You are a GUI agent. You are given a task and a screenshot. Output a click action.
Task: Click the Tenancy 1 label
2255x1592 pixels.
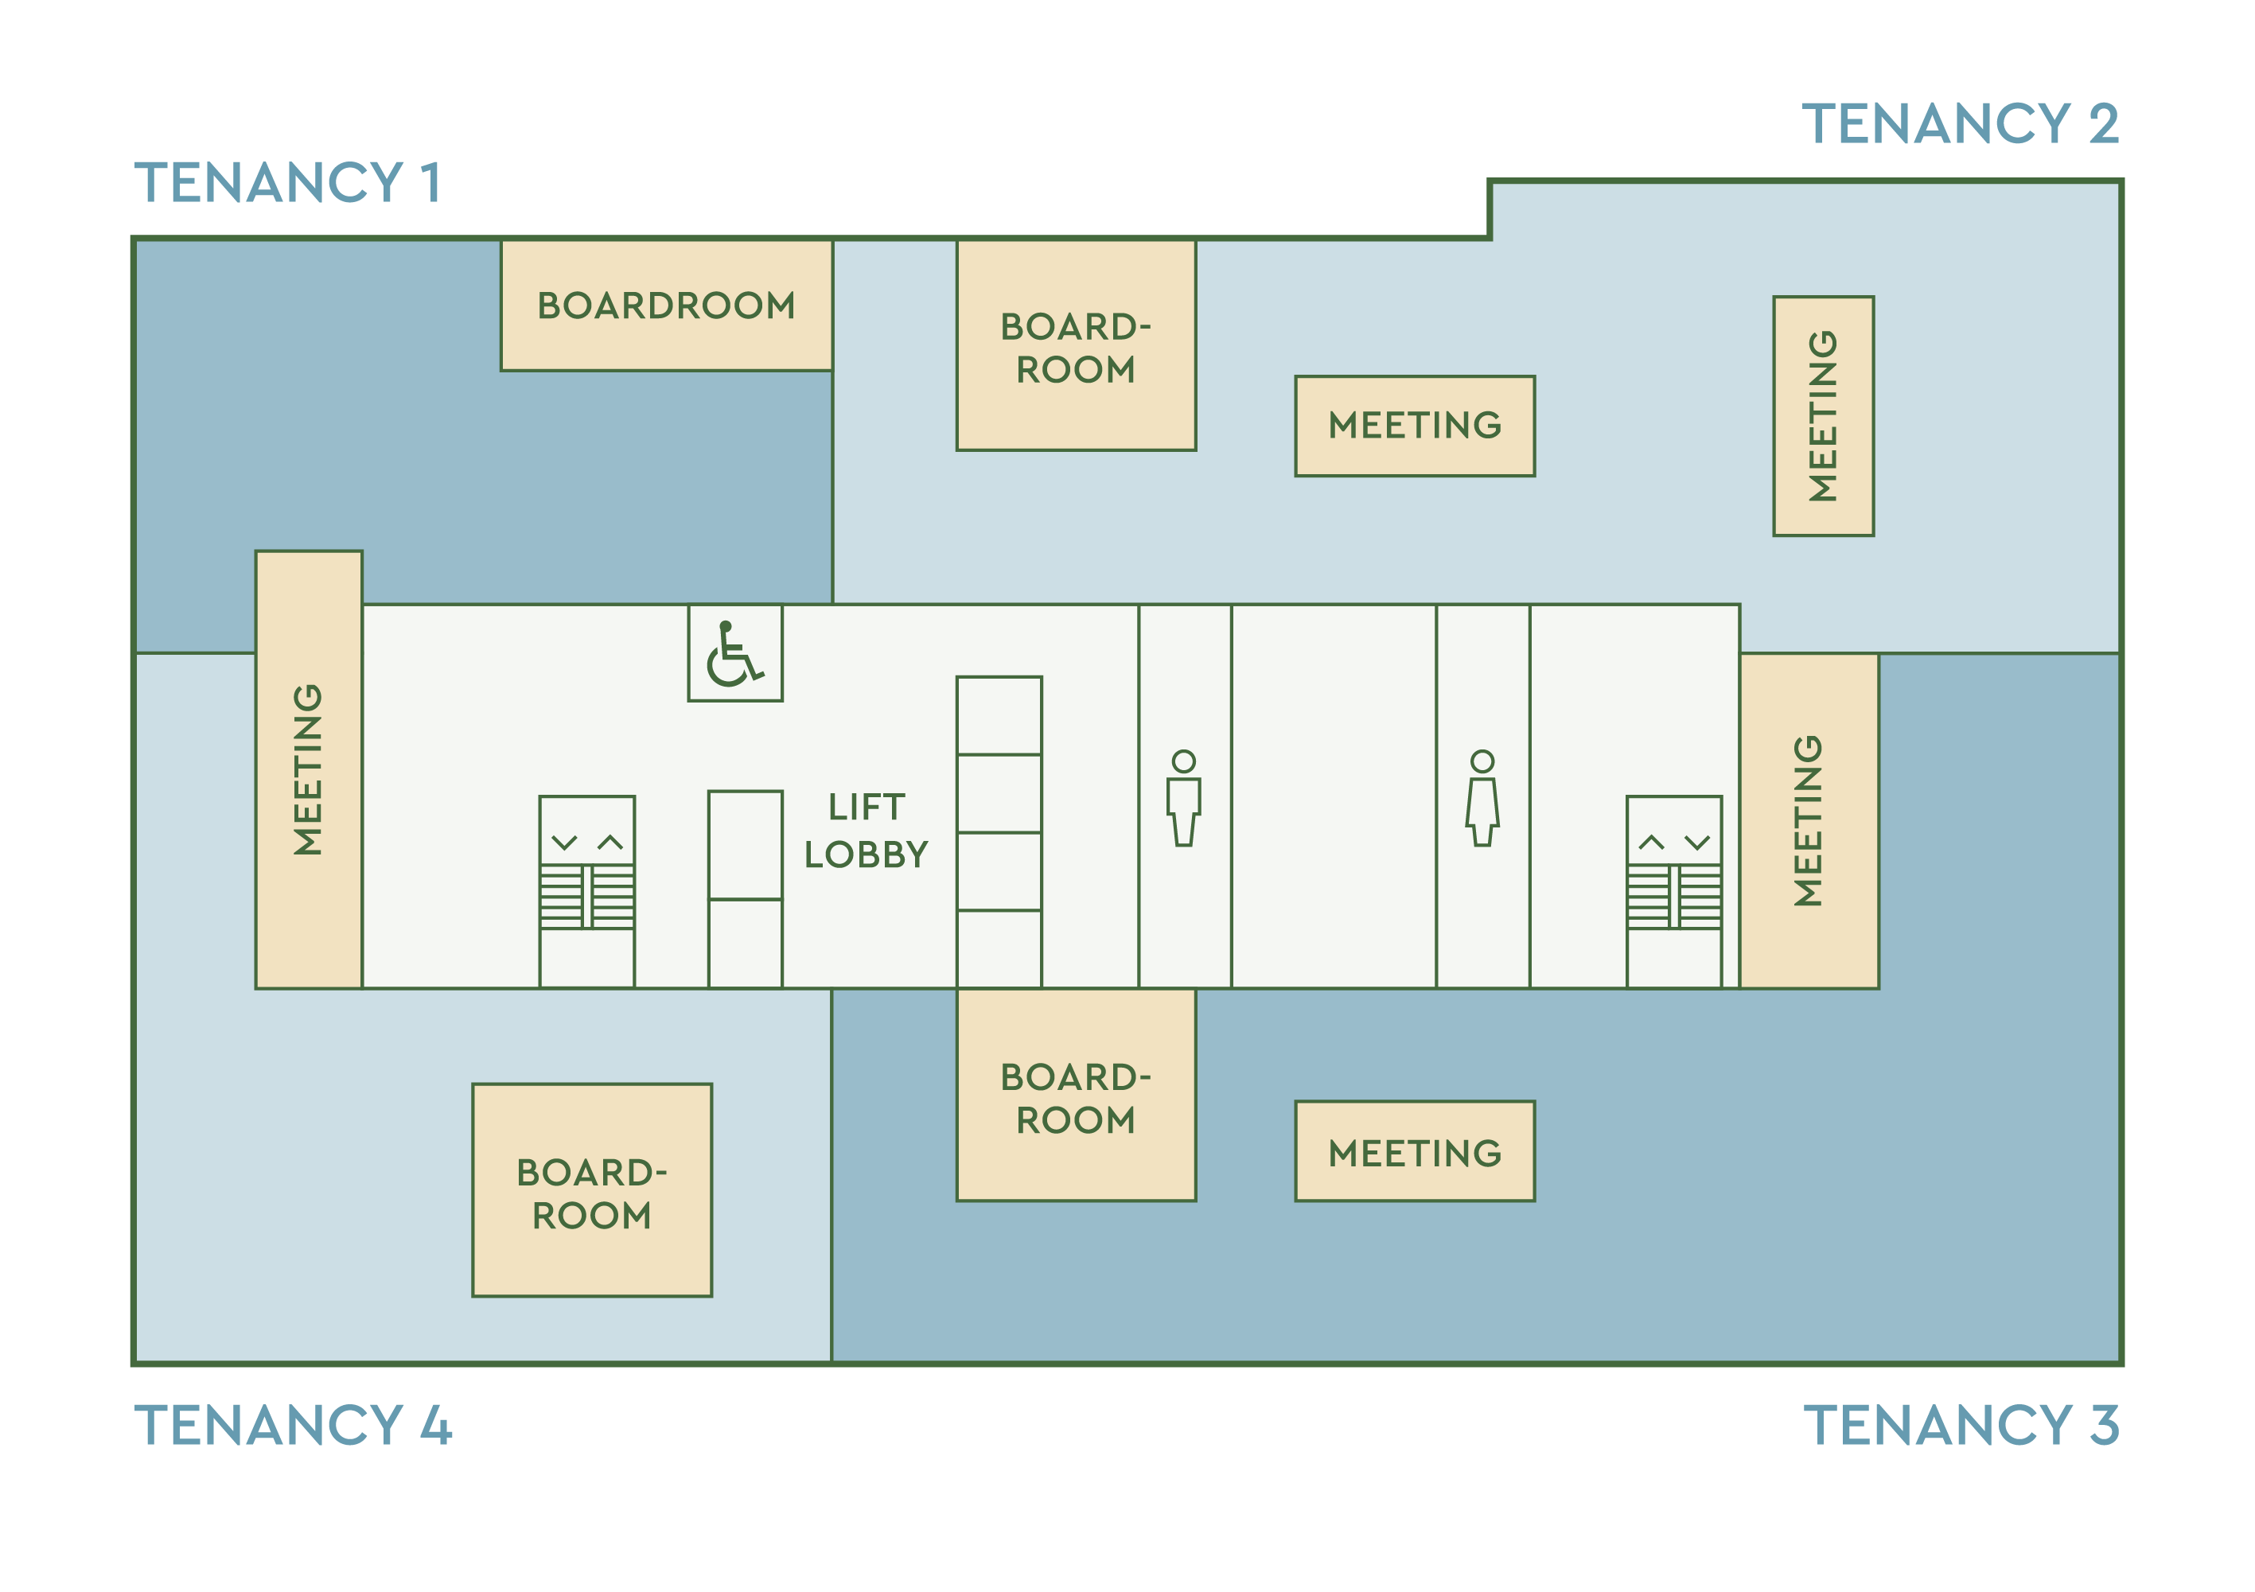coord(286,184)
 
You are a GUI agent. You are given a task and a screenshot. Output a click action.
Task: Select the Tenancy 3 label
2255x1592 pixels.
coord(1961,1425)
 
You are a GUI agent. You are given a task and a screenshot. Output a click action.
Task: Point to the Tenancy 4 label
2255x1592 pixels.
coord(293,1425)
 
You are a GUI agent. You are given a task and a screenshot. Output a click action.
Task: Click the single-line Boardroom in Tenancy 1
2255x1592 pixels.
coord(666,306)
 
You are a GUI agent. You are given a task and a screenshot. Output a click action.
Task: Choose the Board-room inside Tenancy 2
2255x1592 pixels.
coord(1076,347)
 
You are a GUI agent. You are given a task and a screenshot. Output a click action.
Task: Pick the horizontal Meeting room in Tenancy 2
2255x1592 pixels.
coord(1414,426)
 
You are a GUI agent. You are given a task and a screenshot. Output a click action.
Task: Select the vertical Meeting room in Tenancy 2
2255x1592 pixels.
coord(1823,416)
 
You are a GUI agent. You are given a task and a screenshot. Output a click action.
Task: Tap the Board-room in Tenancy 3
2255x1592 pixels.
coord(1076,1096)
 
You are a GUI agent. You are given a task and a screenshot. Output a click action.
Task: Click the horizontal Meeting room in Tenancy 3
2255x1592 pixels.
coord(1414,1152)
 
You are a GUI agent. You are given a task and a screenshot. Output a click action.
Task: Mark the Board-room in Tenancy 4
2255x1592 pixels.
coord(591,1191)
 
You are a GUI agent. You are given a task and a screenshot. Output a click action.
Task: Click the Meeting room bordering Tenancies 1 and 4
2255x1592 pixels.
coord(309,770)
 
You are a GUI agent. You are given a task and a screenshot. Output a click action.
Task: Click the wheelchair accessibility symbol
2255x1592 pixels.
coord(734,654)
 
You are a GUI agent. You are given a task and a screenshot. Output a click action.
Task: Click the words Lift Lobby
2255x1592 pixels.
coord(867,831)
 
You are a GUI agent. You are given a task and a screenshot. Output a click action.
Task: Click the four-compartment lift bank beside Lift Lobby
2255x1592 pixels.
coord(999,832)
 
